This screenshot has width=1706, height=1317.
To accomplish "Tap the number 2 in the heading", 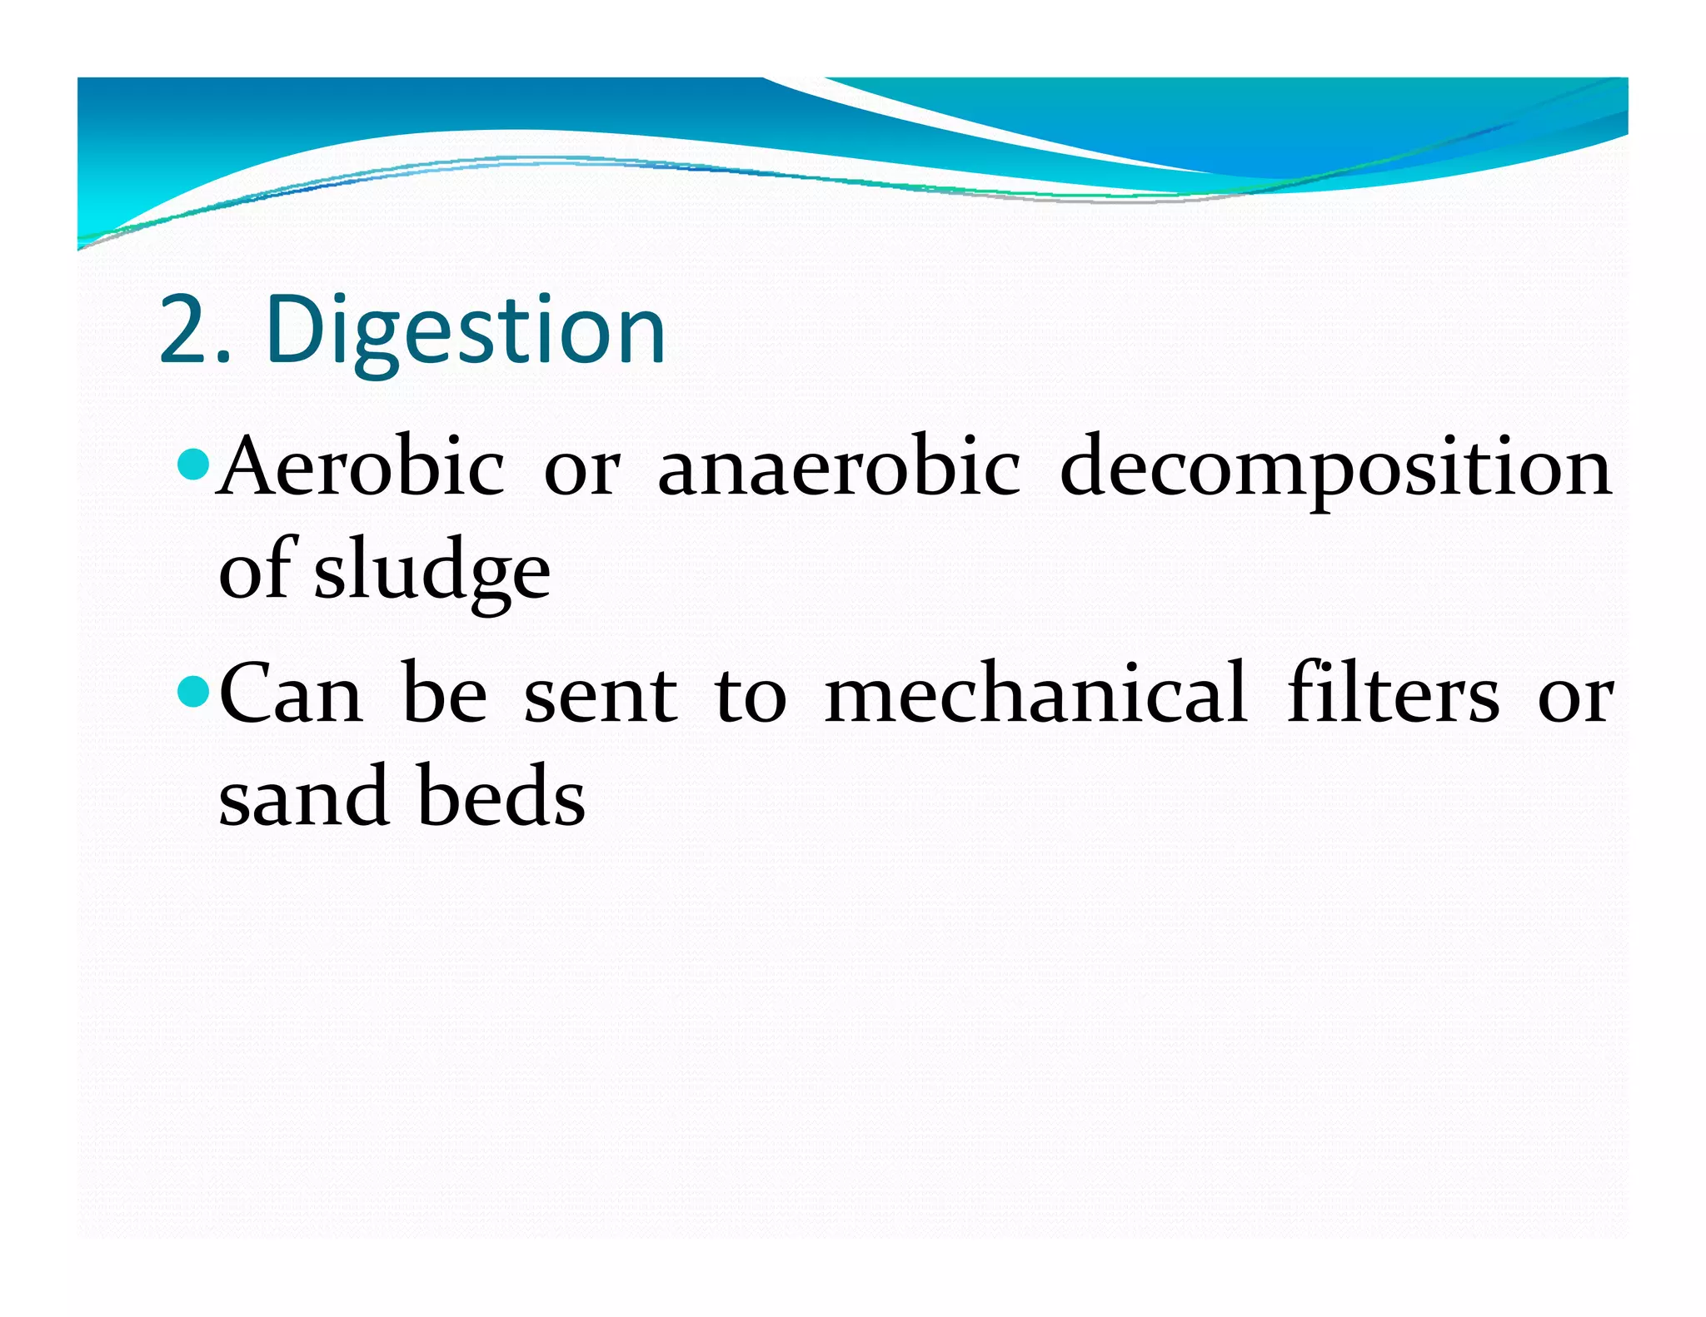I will point(184,331).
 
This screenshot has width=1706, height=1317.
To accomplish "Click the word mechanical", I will point(1035,693).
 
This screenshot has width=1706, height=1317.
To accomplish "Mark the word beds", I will point(501,798).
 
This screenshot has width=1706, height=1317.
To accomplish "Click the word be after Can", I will point(444,693).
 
